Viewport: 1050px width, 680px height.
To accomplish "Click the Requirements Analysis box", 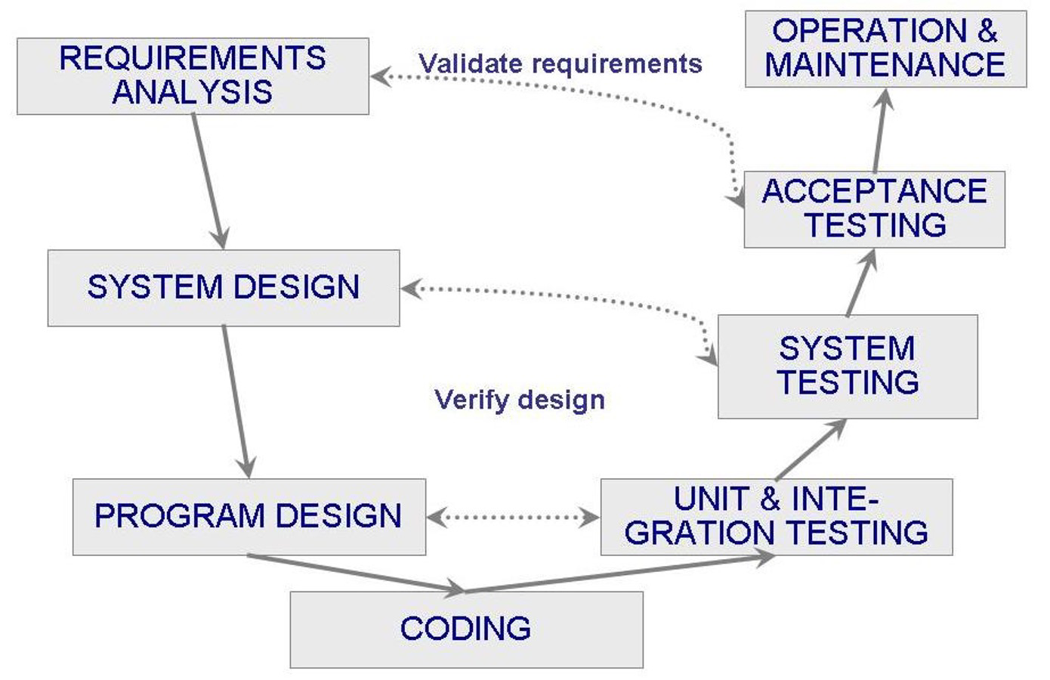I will [x=193, y=76].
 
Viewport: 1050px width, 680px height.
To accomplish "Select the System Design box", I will [x=224, y=288].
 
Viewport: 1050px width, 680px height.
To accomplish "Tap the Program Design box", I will [x=249, y=517].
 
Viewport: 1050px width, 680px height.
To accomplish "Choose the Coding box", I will [x=466, y=629].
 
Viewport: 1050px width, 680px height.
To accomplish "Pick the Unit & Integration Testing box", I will [x=777, y=517].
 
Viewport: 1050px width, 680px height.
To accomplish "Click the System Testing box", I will [x=848, y=366].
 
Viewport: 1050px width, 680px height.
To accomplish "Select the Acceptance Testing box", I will [x=874, y=209].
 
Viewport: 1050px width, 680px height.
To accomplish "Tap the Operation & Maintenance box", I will [x=885, y=48].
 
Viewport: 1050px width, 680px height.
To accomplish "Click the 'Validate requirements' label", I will [x=561, y=63].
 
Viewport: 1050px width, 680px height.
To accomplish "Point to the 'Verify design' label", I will [x=520, y=400].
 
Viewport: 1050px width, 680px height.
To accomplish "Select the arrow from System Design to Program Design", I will [x=236, y=400].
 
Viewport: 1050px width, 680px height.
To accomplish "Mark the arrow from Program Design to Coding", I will [x=355, y=573].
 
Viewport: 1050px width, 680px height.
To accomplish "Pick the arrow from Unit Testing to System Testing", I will [x=811, y=449].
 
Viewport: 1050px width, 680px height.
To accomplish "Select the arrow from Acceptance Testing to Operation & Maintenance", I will [x=881, y=130].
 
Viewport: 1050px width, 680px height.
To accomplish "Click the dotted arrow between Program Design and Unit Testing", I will [x=513, y=518].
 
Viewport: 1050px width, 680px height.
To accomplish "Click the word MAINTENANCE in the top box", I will [x=885, y=65].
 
